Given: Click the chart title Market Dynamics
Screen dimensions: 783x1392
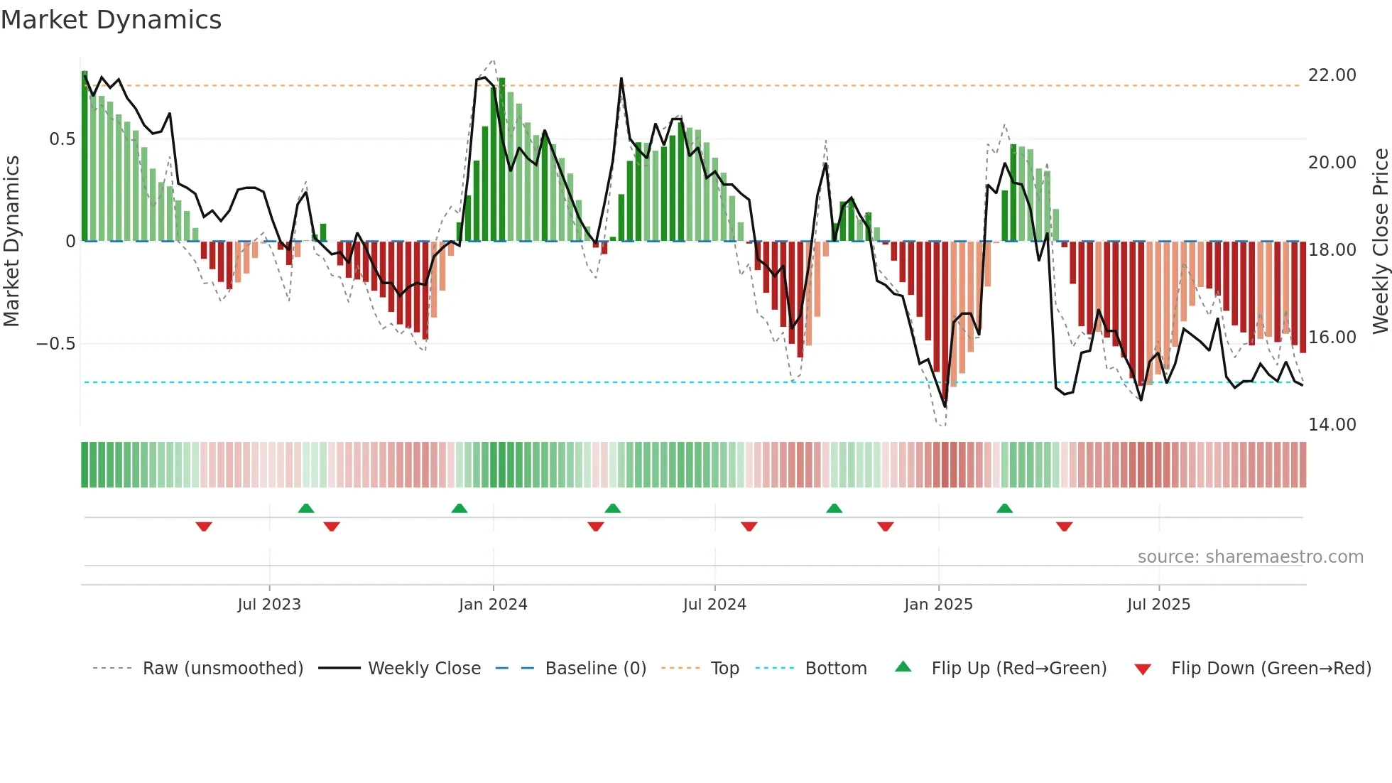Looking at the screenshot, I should point(111,20).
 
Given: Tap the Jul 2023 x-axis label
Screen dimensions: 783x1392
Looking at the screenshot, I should point(269,604).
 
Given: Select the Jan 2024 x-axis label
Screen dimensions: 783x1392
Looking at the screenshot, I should point(493,604).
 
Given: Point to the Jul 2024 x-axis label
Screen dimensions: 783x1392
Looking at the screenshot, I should point(714,604).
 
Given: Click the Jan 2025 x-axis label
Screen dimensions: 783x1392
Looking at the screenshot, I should point(938,604).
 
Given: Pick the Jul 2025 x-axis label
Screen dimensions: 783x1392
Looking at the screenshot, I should point(1158,604).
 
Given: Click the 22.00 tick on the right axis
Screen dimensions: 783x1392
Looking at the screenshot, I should point(1332,75).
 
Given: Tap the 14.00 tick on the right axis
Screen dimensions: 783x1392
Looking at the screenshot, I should point(1332,425).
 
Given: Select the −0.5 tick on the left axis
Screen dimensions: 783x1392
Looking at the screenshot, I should point(55,344).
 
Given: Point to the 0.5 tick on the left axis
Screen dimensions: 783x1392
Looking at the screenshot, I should point(62,139).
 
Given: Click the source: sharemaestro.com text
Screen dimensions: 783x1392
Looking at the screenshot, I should point(1250,557).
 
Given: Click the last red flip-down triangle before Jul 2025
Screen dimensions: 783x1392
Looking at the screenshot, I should point(1064,526).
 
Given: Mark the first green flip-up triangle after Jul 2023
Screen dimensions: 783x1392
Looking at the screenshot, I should point(306,508).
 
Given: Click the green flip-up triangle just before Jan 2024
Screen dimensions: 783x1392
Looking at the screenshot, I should point(460,508).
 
